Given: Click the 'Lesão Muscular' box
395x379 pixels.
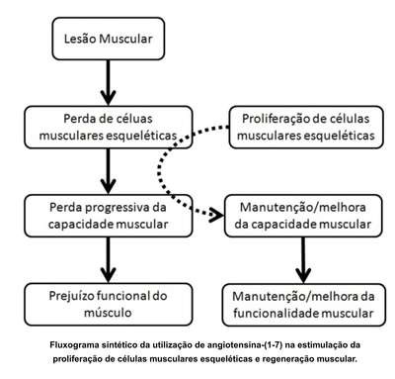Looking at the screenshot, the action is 109,39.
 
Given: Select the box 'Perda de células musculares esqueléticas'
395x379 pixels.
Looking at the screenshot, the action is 109,127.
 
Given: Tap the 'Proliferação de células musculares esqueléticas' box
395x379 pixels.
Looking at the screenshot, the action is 306,127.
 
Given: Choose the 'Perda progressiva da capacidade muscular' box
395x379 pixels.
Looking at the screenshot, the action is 109,216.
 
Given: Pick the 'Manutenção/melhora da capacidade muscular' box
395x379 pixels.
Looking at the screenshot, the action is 303,216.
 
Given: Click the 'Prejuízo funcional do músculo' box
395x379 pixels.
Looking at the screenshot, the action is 109,304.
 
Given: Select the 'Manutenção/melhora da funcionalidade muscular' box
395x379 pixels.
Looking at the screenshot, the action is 303,305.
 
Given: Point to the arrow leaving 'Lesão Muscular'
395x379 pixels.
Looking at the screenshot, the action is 109,82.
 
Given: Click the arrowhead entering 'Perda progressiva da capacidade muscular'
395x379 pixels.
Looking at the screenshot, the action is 109,186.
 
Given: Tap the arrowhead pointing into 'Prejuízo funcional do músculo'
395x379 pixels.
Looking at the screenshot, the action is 109,275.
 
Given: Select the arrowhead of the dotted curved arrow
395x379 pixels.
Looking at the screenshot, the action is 217,216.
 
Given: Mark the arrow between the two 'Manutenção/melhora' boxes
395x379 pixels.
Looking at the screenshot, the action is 303,260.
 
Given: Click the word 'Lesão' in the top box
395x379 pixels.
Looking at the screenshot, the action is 80,39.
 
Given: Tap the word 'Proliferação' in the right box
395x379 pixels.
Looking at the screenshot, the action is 272,119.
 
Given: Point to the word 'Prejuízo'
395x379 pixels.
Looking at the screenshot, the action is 69,296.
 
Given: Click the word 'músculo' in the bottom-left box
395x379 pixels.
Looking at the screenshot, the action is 108,313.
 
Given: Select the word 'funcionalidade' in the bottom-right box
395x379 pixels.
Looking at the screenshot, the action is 272,313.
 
